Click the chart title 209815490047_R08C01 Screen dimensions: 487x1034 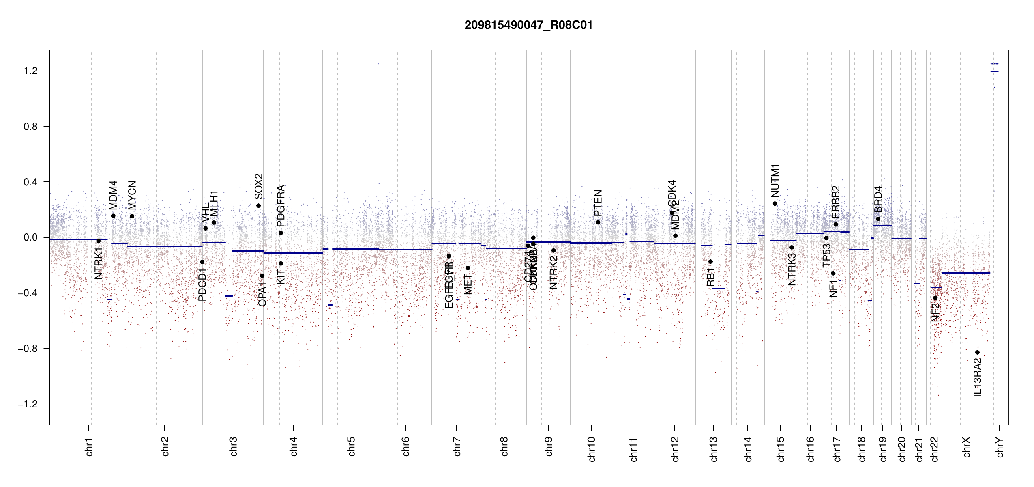(528, 25)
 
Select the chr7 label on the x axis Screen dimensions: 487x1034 (457, 446)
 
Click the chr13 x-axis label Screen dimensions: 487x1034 (714, 449)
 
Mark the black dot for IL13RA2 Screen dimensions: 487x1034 (977, 352)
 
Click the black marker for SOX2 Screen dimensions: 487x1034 (258, 206)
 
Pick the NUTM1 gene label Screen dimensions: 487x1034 (775, 181)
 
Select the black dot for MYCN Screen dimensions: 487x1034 (132, 216)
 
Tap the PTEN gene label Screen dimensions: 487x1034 (598, 203)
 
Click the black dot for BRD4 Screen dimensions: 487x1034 (878, 219)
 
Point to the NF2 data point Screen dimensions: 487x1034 (935, 298)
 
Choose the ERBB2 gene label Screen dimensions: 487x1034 (836, 202)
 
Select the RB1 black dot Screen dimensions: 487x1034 (710, 262)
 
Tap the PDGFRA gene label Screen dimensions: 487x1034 (281, 206)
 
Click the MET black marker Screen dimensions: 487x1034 (468, 268)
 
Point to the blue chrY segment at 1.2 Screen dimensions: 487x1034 (994, 71)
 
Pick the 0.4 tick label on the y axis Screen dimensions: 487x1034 (31, 182)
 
